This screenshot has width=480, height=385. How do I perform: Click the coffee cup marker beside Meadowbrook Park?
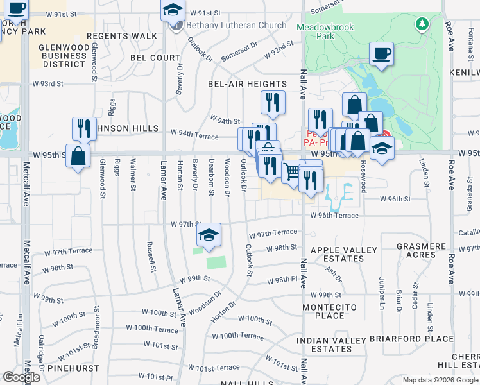(381, 54)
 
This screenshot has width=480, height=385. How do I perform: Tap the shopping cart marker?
(293, 171)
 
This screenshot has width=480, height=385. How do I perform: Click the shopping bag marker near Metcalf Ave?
(78, 156)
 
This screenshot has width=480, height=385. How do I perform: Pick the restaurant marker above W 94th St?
(272, 103)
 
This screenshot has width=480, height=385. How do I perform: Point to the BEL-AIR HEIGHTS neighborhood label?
(247, 84)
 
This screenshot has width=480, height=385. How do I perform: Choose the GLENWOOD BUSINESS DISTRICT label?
(62, 56)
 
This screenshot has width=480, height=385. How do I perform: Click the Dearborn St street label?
(210, 176)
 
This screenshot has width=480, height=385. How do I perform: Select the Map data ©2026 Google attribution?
(440, 380)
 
